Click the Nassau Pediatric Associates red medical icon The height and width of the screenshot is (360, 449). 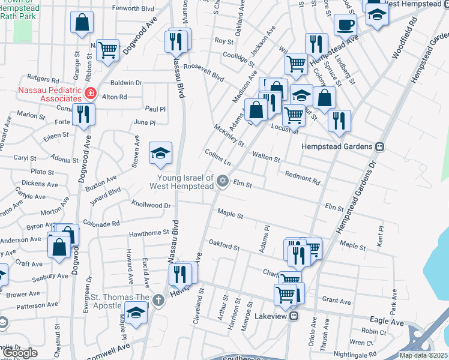pos(91,94)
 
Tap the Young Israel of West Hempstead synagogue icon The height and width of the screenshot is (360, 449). pos(223,181)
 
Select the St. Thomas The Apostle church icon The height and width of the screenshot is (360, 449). pos(158,299)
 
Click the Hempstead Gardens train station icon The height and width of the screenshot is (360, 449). pos(379,147)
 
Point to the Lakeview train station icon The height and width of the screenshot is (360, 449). pos(294,316)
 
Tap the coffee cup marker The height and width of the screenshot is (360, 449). pos(345,25)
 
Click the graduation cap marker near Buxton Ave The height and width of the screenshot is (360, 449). pos(160,154)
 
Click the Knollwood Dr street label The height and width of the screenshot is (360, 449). pos(151,205)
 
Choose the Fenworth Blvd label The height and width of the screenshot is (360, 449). pos(134,9)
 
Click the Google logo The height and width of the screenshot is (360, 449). pos(20,353)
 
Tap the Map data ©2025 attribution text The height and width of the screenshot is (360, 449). pos(423,355)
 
